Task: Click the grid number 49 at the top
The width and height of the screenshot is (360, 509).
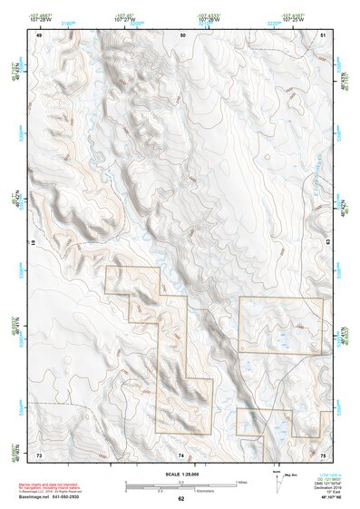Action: click(x=39, y=34)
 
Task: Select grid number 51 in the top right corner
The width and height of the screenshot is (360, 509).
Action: click(x=324, y=34)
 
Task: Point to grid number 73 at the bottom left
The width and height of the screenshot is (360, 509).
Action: click(x=39, y=454)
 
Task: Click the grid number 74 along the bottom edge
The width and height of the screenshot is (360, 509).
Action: click(x=181, y=454)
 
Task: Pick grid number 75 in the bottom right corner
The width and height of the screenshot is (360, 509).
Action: click(x=323, y=454)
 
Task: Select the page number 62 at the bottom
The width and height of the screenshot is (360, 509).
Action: click(x=181, y=499)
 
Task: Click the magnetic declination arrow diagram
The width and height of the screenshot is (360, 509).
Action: click(x=277, y=481)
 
